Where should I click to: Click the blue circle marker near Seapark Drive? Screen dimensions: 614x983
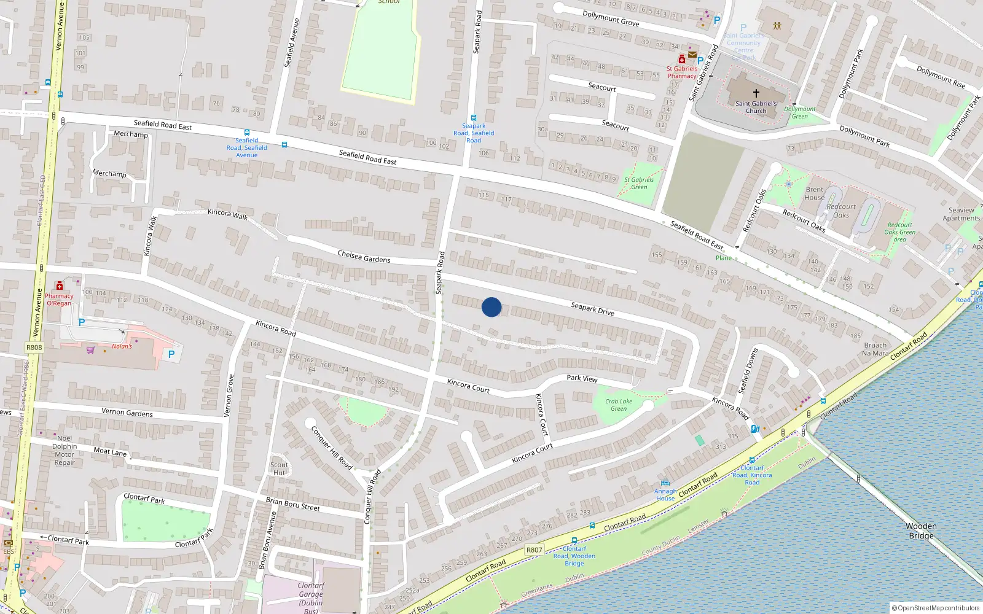(491, 307)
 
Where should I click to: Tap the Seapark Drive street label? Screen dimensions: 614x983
(592, 308)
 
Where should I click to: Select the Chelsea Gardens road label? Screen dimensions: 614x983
(364, 256)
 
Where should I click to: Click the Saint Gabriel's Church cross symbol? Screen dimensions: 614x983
(756, 93)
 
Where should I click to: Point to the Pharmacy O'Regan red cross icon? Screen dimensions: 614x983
(60, 286)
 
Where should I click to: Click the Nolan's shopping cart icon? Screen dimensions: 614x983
(91, 350)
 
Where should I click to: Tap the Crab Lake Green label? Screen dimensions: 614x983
(618, 405)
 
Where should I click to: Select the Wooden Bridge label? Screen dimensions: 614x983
(921, 530)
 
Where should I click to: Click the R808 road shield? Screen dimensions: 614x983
(34, 348)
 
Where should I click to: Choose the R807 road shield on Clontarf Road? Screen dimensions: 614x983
(534, 550)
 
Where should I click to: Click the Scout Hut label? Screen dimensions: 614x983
(279, 468)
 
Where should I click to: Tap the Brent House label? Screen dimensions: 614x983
(815, 193)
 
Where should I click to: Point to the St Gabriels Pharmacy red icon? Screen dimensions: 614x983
(681, 60)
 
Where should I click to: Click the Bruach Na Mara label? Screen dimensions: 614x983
(875, 349)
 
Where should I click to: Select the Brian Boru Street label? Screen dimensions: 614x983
(292, 504)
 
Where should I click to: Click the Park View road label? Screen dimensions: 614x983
(582, 378)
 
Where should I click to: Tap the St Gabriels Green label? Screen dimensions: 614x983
(639, 183)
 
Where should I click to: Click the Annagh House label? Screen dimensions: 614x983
(665, 494)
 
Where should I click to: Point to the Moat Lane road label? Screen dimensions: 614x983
(110, 452)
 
